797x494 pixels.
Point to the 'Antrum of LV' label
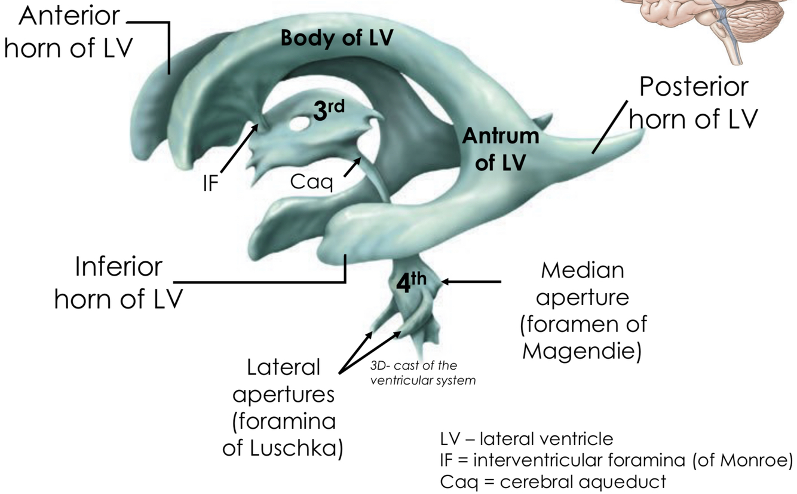501,150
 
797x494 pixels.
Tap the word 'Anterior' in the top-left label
69,16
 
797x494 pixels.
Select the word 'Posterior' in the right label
693,87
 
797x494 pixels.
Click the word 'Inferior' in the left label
118,267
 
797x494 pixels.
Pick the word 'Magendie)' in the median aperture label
582,352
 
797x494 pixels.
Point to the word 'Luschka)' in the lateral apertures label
283,449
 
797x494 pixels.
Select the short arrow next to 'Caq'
352,167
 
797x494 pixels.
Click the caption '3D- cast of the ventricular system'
423,373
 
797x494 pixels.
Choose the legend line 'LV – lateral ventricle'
526,439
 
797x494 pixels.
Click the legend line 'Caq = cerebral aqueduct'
553,481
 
